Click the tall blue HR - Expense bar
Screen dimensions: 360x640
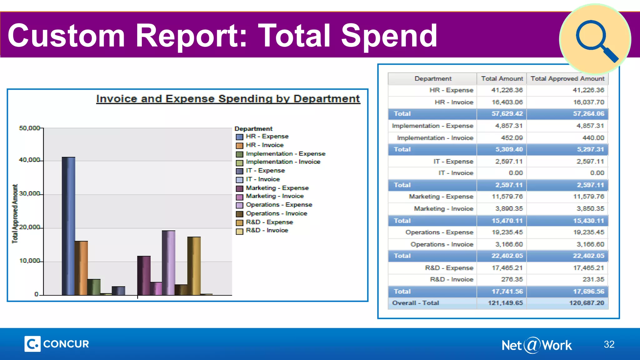click(x=68, y=226)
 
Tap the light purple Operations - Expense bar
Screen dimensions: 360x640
click(x=168, y=263)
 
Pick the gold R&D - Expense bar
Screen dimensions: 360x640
click(x=194, y=266)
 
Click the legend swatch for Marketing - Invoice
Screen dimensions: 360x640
click(x=239, y=197)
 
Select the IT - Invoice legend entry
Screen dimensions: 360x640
click(x=262, y=179)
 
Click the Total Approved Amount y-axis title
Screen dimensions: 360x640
click(x=15, y=214)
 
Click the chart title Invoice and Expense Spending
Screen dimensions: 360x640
click(x=228, y=99)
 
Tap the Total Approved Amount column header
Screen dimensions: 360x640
click(x=567, y=79)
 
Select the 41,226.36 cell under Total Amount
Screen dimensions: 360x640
click(x=507, y=90)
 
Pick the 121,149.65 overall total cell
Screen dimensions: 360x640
click(x=505, y=303)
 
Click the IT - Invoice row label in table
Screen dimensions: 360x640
click(x=456, y=173)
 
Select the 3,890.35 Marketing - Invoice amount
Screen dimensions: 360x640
click(x=507, y=209)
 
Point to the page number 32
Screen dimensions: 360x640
click(x=609, y=344)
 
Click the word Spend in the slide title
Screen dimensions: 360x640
click(x=389, y=36)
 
